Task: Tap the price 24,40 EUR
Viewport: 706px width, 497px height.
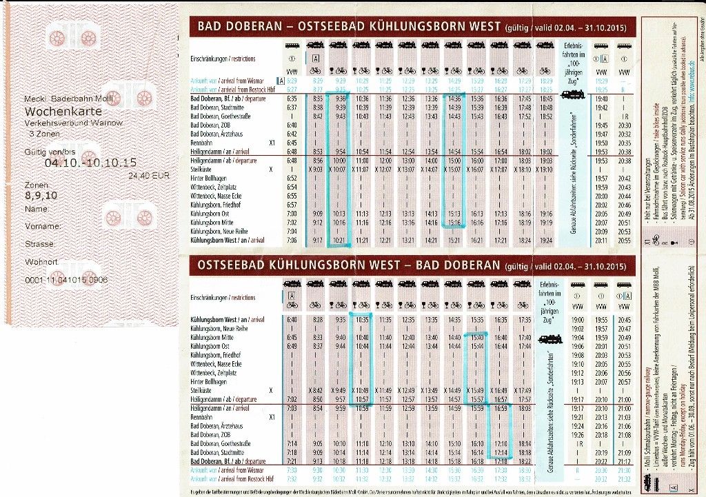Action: pos(149,175)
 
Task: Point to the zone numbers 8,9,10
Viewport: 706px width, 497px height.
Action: pos(42,196)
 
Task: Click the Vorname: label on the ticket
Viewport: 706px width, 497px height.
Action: pos(41,225)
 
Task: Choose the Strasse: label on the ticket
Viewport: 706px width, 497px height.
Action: pos(40,243)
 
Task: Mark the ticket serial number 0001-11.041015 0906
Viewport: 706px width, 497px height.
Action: pos(66,281)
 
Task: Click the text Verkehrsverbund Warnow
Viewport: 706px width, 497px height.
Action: pos(74,122)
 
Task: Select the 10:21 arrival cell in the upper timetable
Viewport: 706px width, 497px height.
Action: pos(338,240)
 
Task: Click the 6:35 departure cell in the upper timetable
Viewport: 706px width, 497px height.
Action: pos(291,99)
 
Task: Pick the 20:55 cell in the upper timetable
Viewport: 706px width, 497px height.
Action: pos(625,240)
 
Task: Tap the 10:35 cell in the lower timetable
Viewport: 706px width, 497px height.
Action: pos(362,320)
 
